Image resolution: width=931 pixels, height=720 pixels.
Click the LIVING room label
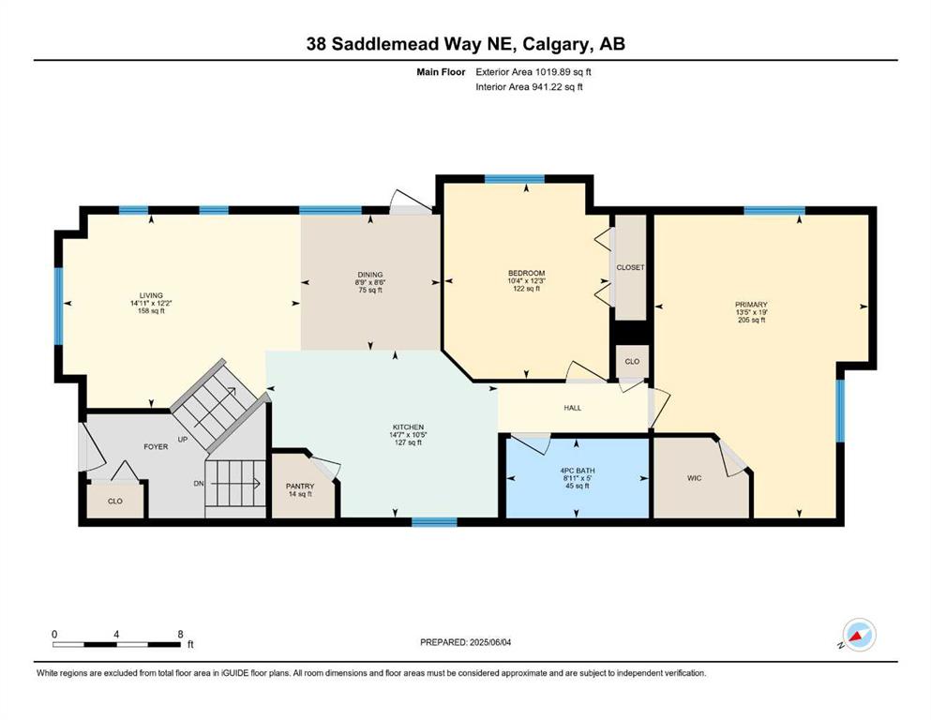pos(151,295)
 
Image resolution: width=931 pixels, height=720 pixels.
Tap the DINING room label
pos(370,275)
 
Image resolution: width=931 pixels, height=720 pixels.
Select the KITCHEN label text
pos(408,427)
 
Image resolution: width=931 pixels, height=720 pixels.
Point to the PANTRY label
pos(300,487)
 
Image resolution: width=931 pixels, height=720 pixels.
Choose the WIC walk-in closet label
pos(694,478)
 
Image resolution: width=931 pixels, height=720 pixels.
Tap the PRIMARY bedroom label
pos(751,305)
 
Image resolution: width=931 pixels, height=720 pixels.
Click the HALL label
pos(572,409)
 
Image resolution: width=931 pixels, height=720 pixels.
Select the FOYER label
pos(156,447)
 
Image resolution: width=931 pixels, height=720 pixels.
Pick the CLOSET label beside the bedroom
pos(630,268)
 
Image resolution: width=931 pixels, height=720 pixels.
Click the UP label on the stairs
pos(183,440)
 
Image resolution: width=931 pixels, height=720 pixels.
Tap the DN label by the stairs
pos(199,484)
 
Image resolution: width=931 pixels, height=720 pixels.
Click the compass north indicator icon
pos(859,635)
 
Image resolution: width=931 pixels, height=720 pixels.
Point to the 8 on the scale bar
pos(181,634)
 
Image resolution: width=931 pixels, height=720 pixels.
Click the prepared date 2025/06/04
pos(489,642)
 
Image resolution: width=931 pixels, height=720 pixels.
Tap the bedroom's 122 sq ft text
pos(526,289)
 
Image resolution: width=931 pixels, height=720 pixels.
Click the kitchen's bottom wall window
pos(434,522)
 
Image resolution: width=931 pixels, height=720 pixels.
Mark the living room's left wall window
pos(58,307)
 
